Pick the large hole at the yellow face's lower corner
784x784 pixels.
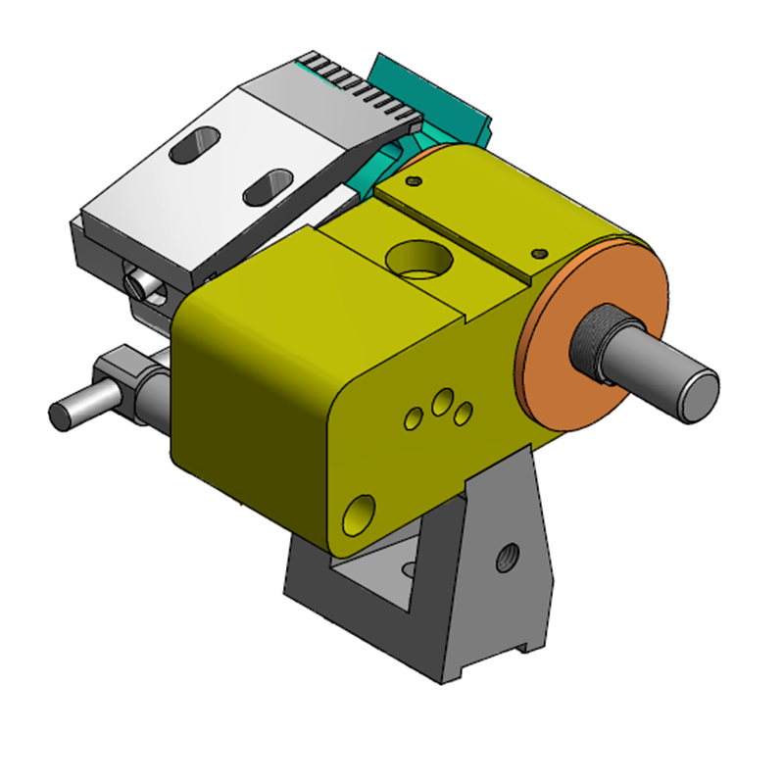359,514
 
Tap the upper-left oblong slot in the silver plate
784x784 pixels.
196,144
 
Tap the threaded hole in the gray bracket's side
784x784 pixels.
507,558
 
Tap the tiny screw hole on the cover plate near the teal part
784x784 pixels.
415,181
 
